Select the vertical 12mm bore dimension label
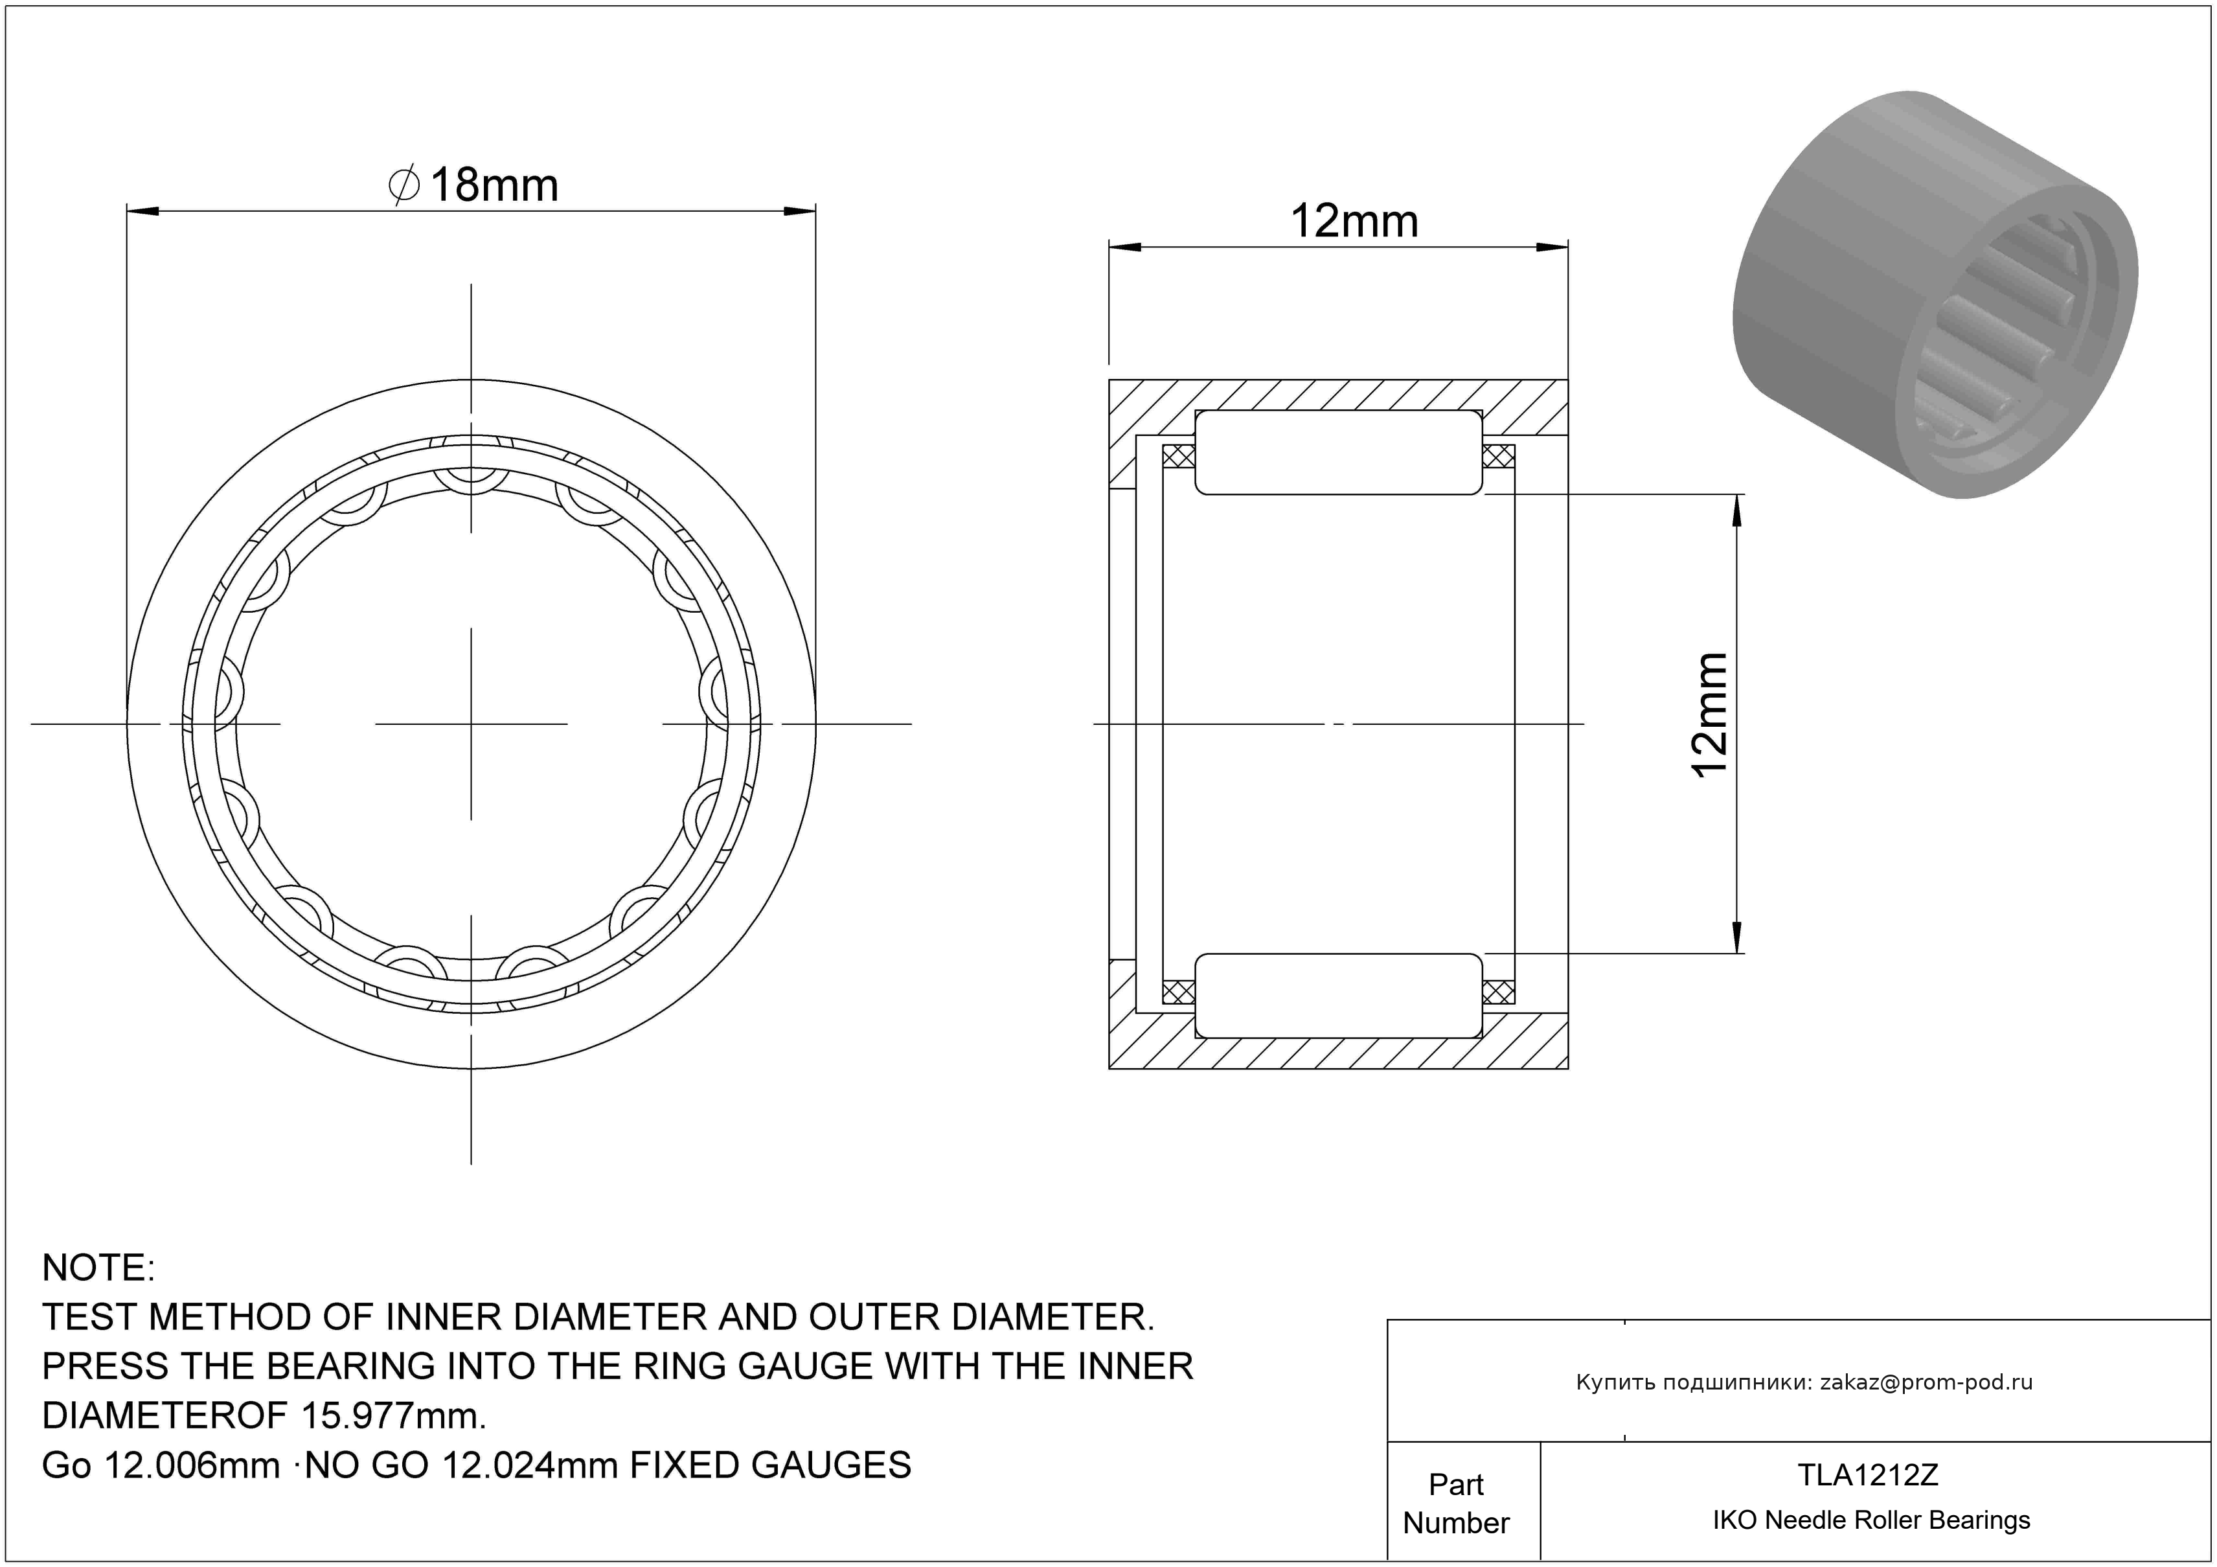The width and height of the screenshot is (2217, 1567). [x=1709, y=715]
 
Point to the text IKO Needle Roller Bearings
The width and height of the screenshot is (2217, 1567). [x=1871, y=1520]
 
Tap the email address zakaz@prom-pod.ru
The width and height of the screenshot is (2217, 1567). [x=1926, y=1382]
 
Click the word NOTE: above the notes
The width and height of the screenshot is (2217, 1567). [x=98, y=1268]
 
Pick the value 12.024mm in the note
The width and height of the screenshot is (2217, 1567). [x=529, y=1466]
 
